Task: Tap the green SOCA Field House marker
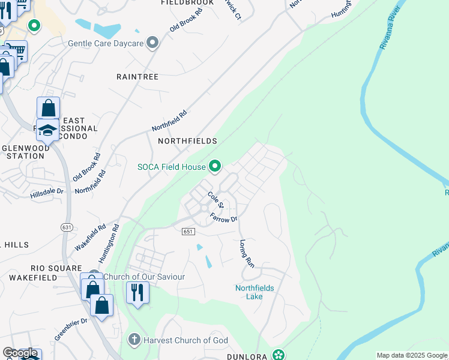214,166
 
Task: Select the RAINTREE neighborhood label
137,77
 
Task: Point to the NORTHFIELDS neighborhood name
187,140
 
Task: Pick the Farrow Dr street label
224,218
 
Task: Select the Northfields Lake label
255,292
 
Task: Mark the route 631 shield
67,226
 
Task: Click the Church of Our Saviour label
144,277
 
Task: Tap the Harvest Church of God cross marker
134,340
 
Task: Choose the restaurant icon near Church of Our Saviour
137,293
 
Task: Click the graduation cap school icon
48,129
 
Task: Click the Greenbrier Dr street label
71,329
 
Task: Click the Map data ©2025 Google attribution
412,355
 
